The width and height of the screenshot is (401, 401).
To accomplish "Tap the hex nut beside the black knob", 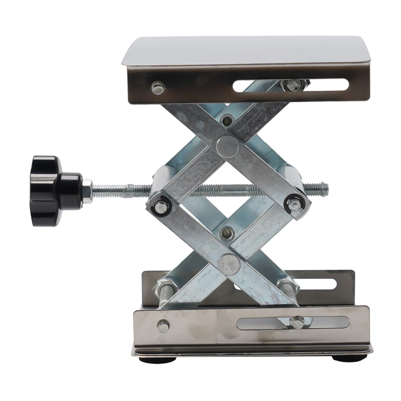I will (87, 191).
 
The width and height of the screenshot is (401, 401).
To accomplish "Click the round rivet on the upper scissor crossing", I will (228, 147).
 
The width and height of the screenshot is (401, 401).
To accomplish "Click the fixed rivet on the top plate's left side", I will (158, 88).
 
